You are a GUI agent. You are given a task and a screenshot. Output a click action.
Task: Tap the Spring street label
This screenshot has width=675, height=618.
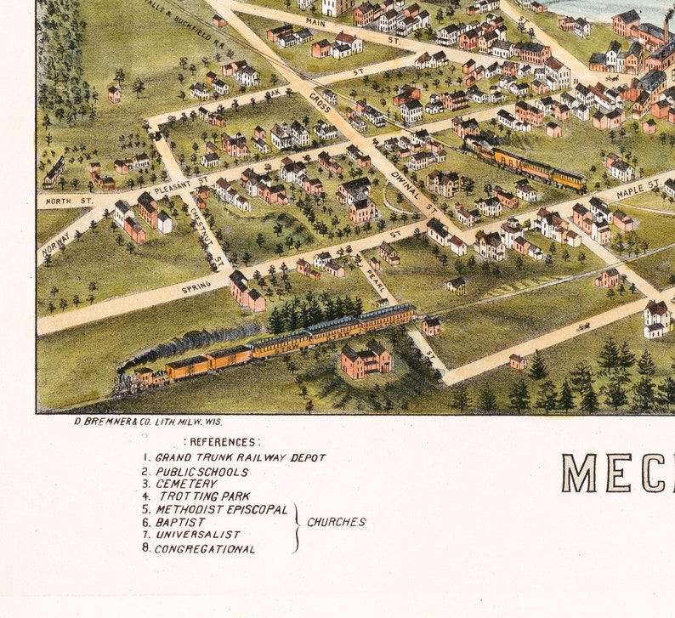tap(196, 288)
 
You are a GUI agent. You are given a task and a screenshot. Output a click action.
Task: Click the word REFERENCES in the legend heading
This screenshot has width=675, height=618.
tap(223, 442)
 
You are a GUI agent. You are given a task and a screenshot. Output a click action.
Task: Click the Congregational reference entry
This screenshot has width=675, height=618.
tap(205, 548)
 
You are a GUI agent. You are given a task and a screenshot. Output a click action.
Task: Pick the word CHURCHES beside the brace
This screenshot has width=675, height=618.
tap(337, 522)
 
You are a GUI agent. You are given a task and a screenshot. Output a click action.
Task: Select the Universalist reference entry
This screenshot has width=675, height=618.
tap(197, 535)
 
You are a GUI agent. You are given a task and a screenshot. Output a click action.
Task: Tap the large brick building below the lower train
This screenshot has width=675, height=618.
tap(366, 360)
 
